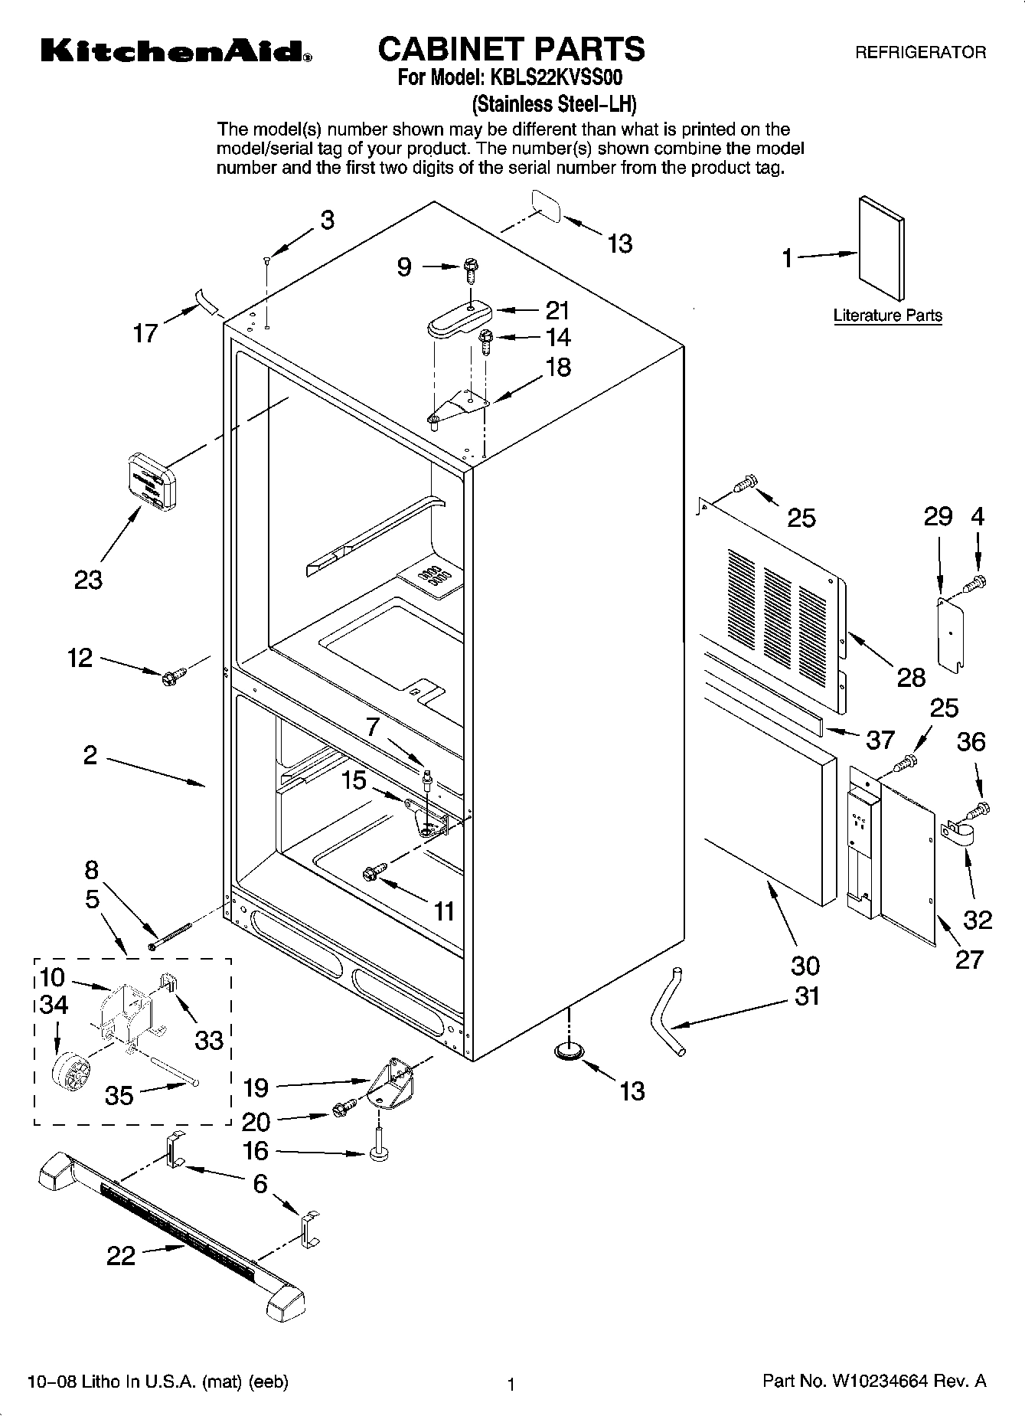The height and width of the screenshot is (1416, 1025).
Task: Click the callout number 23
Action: (87, 580)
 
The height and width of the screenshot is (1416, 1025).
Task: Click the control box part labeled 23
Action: (151, 480)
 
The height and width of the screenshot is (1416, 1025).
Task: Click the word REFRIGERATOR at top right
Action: (919, 53)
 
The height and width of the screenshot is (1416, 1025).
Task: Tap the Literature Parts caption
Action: (887, 316)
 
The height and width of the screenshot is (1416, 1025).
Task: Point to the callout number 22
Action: (121, 1255)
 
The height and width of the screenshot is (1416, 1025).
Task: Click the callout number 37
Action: (880, 739)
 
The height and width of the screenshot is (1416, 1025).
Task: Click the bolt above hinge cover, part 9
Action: (471, 269)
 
